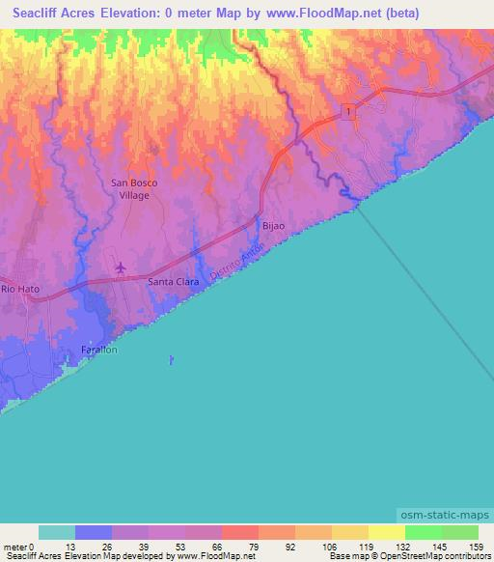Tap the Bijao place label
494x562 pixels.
point(274,225)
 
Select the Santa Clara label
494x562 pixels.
point(173,282)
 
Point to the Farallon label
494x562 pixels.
point(99,350)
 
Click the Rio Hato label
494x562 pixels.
point(19,289)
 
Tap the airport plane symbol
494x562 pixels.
point(121,267)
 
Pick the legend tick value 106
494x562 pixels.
point(328,547)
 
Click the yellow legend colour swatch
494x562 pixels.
point(386,532)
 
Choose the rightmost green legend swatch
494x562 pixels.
point(459,532)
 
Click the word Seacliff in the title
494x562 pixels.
point(40,14)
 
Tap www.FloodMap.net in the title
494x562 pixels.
point(317,14)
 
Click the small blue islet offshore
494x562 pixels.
point(171,360)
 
